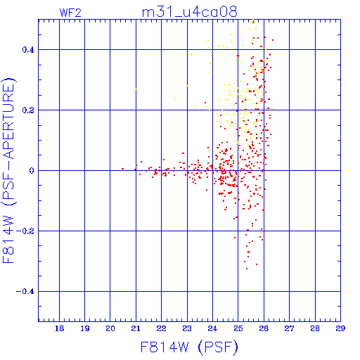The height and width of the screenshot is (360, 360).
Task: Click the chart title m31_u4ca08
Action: [x=190, y=12]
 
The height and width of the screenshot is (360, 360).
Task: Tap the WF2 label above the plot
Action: [x=70, y=13]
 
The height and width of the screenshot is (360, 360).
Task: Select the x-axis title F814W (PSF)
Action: [x=189, y=347]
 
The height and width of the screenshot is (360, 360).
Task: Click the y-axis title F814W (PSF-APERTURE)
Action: [x=9, y=171]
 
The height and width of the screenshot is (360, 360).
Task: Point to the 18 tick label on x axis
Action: [x=60, y=328]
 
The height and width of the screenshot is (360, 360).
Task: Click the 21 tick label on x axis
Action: [x=136, y=328]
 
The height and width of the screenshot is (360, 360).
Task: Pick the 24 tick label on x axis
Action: [x=212, y=328]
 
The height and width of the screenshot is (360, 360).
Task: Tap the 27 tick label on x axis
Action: [x=289, y=328]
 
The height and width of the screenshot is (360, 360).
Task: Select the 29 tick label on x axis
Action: [x=340, y=328]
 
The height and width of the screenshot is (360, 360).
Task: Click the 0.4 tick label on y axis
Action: [x=28, y=50]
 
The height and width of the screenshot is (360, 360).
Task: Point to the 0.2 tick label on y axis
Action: [x=28, y=110]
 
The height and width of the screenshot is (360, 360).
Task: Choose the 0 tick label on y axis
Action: [x=32, y=171]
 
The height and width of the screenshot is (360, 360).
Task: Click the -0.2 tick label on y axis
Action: [x=25, y=231]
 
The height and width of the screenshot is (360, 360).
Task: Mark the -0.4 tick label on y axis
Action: [x=25, y=292]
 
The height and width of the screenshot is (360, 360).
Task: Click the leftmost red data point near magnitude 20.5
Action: [x=122, y=169]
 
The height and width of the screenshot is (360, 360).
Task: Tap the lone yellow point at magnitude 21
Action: [x=136, y=89]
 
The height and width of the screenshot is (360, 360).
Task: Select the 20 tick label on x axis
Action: [x=110, y=328]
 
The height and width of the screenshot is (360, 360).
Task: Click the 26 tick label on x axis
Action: [x=264, y=328]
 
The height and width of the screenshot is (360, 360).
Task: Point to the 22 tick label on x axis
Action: [x=162, y=328]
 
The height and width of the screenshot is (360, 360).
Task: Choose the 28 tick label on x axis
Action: [x=315, y=328]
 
